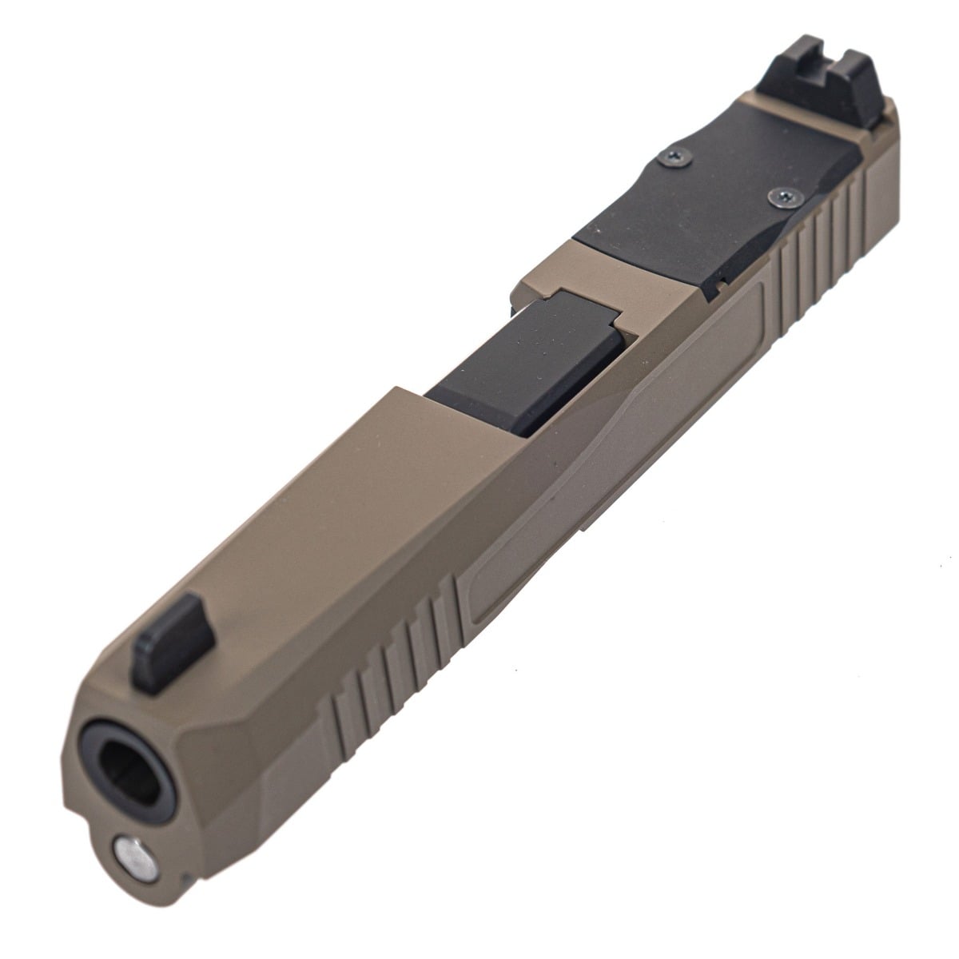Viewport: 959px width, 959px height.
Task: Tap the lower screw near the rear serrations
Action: coord(781,195)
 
